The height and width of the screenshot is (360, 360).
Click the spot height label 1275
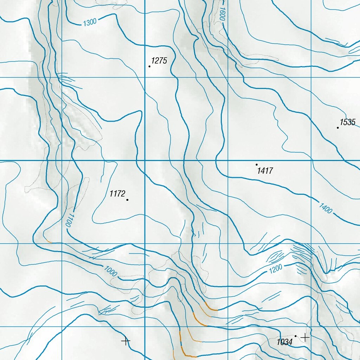coord(159,60)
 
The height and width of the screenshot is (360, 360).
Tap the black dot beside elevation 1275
coord(149,66)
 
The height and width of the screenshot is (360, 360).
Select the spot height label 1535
coord(348,122)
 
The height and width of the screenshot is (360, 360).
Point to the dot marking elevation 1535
coord(338,128)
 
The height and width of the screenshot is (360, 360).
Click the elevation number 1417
coord(265,171)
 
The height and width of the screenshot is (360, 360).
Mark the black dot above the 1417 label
coord(257,165)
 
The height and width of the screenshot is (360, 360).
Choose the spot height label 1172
coord(117,194)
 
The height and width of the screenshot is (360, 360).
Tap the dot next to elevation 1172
coord(127,200)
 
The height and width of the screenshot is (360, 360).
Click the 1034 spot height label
coord(285,342)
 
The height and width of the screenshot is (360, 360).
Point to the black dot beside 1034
coord(296,336)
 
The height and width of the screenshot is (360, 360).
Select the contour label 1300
coord(90,23)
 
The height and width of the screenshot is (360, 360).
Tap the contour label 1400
coord(326,208)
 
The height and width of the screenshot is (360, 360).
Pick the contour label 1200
coord(276,270)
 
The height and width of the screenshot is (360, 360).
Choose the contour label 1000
coord(111,271)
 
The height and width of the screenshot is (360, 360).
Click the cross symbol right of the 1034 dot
coord(305,337)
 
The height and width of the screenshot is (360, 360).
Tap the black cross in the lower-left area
coord(126,341)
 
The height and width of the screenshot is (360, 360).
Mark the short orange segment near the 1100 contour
coord(49,241)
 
